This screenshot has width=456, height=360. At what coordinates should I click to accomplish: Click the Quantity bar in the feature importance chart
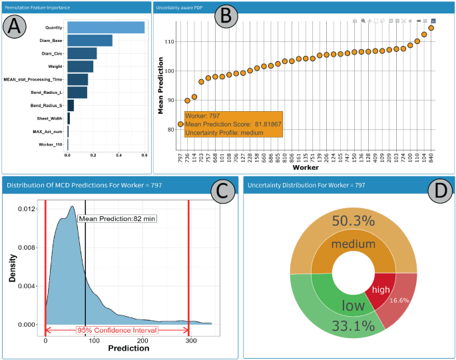click(106, 27)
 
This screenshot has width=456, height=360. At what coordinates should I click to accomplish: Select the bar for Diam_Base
click(90, 41)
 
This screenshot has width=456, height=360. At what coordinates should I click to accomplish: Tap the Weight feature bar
click(81, 67)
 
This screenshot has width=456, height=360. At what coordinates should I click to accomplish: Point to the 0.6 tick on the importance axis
click(144, 155)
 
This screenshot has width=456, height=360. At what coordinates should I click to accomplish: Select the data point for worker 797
click(180, 124)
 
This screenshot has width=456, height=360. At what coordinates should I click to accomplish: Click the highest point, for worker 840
click(431, 28)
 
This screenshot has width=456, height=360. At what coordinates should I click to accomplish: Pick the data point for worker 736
click(188, 100)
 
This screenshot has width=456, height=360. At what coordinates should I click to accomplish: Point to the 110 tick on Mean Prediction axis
click(169, 41)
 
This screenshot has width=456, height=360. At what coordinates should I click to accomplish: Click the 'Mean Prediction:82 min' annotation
click(117, 218)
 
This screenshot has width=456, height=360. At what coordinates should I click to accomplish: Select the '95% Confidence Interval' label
click(117, 330)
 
